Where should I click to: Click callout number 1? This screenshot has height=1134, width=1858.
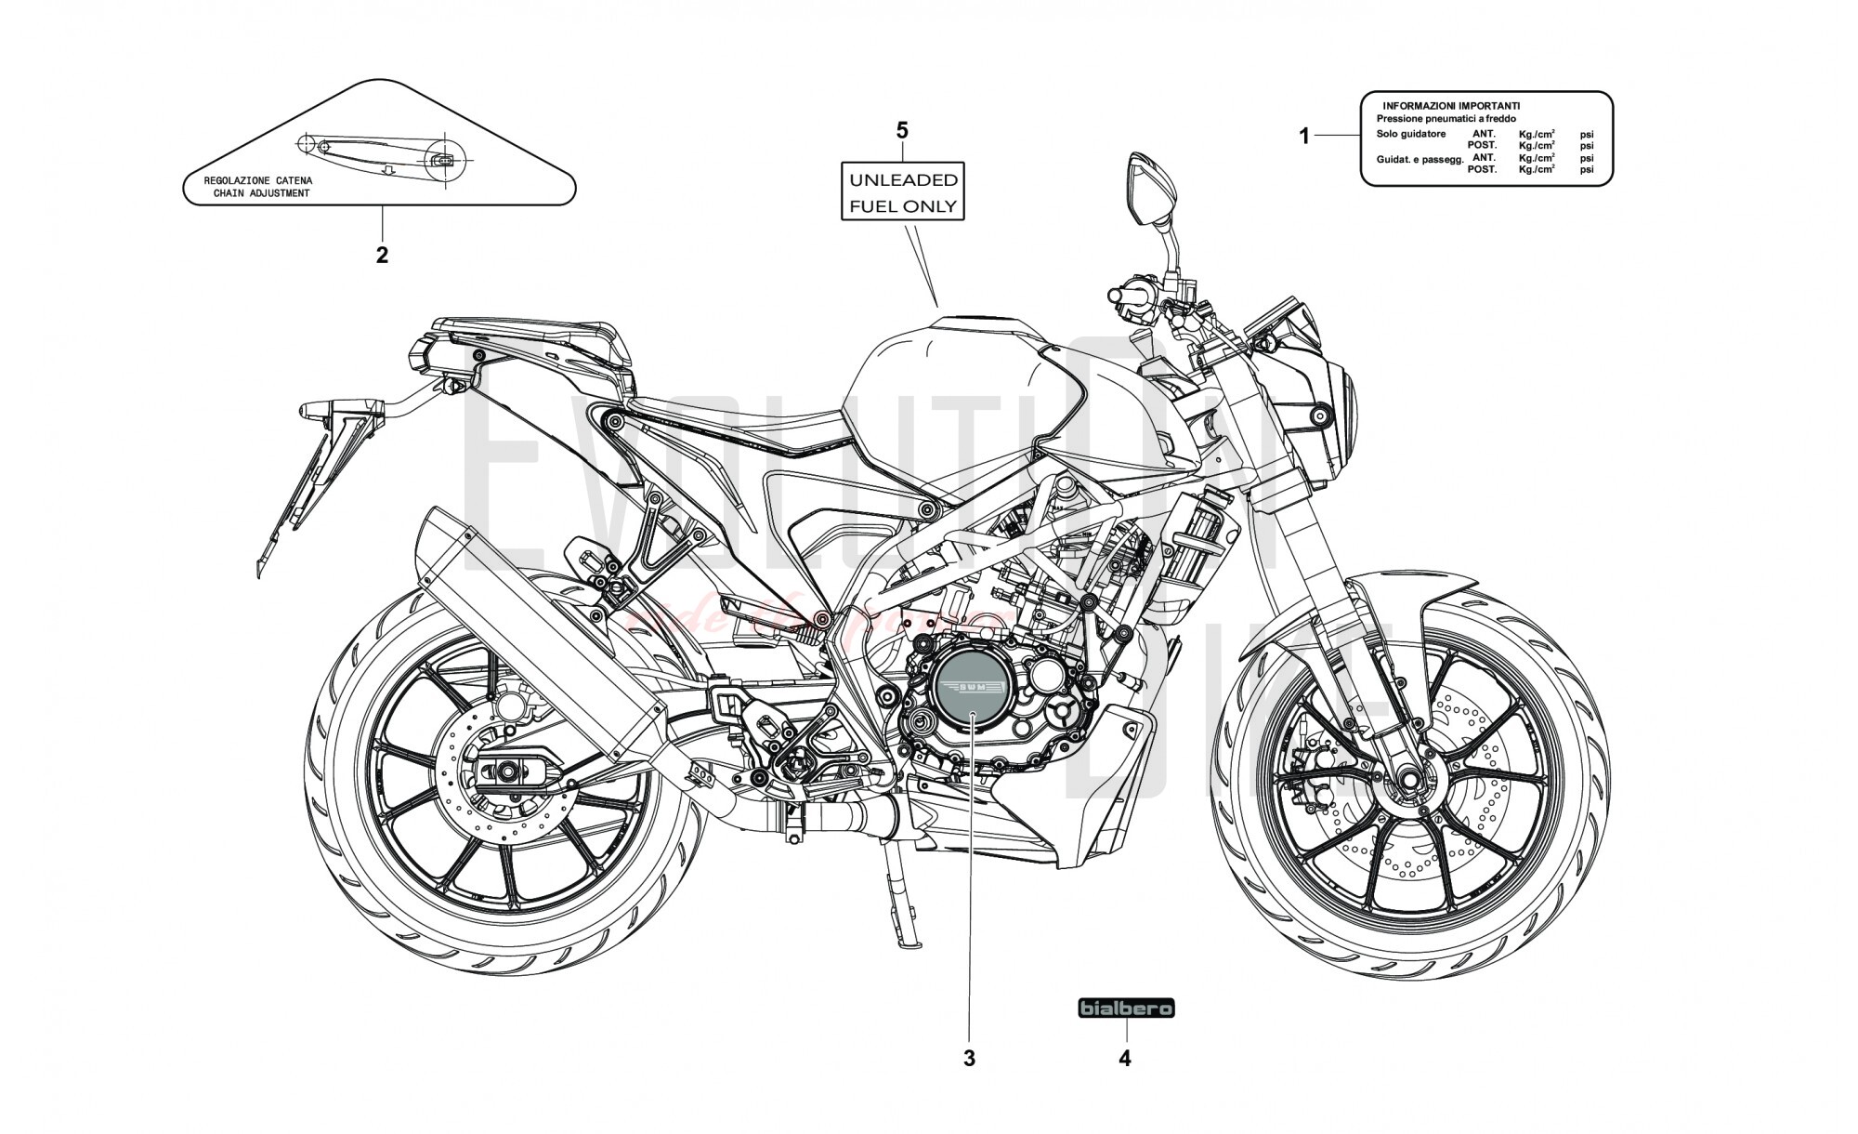coord(1303,137)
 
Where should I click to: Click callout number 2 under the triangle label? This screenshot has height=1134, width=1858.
coord(382,255)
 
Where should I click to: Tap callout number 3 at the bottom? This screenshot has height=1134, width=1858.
coord(969,1058)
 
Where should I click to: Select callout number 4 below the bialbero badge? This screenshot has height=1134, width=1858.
coord(1125,1058)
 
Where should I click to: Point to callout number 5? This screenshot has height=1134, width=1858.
coord(901,130)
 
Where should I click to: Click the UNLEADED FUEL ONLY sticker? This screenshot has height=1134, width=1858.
coord(902,191)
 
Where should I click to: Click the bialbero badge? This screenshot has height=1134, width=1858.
coord(1126,1008)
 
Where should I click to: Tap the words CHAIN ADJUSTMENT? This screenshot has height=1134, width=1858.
coord(261,193)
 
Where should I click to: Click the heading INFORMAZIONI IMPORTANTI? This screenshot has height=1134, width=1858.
coord(1451,106)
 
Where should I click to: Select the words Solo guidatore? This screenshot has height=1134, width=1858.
coord(1410,134)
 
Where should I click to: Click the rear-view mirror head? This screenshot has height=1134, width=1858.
coord(1141,189)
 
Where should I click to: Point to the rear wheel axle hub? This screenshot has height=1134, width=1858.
coord(507,771)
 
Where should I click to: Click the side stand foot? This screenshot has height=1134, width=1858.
coord(909,944)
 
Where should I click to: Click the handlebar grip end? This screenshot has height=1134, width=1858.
coord(1116,296)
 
